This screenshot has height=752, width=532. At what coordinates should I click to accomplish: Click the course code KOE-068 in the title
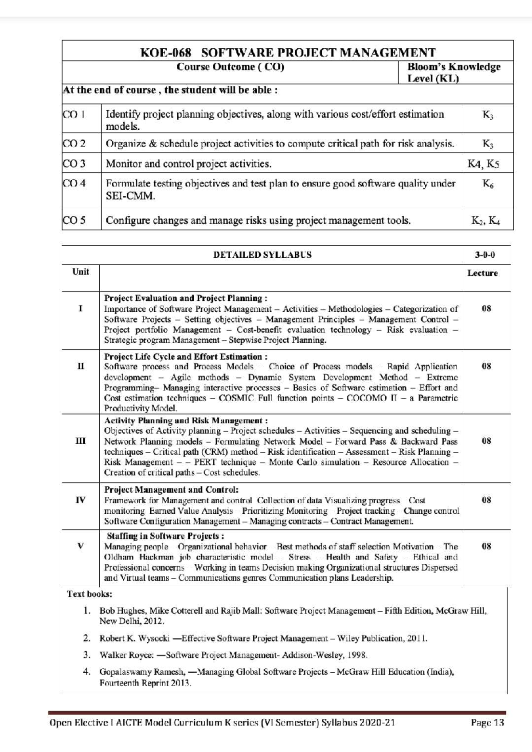pyautogui.click(x=166, y=53)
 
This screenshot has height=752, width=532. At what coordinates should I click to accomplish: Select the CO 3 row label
pyautogui.click(x=74, y=164)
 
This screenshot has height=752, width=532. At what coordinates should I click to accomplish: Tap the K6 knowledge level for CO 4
pyautogui.click(x=488, y=184)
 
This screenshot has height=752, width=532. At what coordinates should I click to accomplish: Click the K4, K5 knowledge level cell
pyautogui.click(x=483, y=164)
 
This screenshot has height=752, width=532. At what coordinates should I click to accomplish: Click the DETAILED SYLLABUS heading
pyautogui.click(x=262, y=255)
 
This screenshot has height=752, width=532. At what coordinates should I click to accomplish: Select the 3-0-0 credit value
pyautogui.click(x=485, y=255)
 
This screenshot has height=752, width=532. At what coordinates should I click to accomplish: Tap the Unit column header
pyautogui.click(x=81, y=272)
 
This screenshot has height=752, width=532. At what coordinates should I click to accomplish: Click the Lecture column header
pyautogui.click(x=482, y=273)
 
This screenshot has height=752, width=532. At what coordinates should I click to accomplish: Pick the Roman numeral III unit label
pyautogui.click(x=80, y=441)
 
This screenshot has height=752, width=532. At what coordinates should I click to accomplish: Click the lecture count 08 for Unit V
pyautogui.click(x=486, y=547)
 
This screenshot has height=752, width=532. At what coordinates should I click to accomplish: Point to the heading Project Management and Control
pyautogui.click(x=171, y=490)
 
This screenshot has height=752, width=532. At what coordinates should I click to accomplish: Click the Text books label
pyautogui.click(x=90, y=594)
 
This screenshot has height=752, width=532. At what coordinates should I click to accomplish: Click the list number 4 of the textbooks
pyautogui.click(x=87, y=672)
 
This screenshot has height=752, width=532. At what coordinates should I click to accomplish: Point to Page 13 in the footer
pyautogui.click(x=487, y=723)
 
